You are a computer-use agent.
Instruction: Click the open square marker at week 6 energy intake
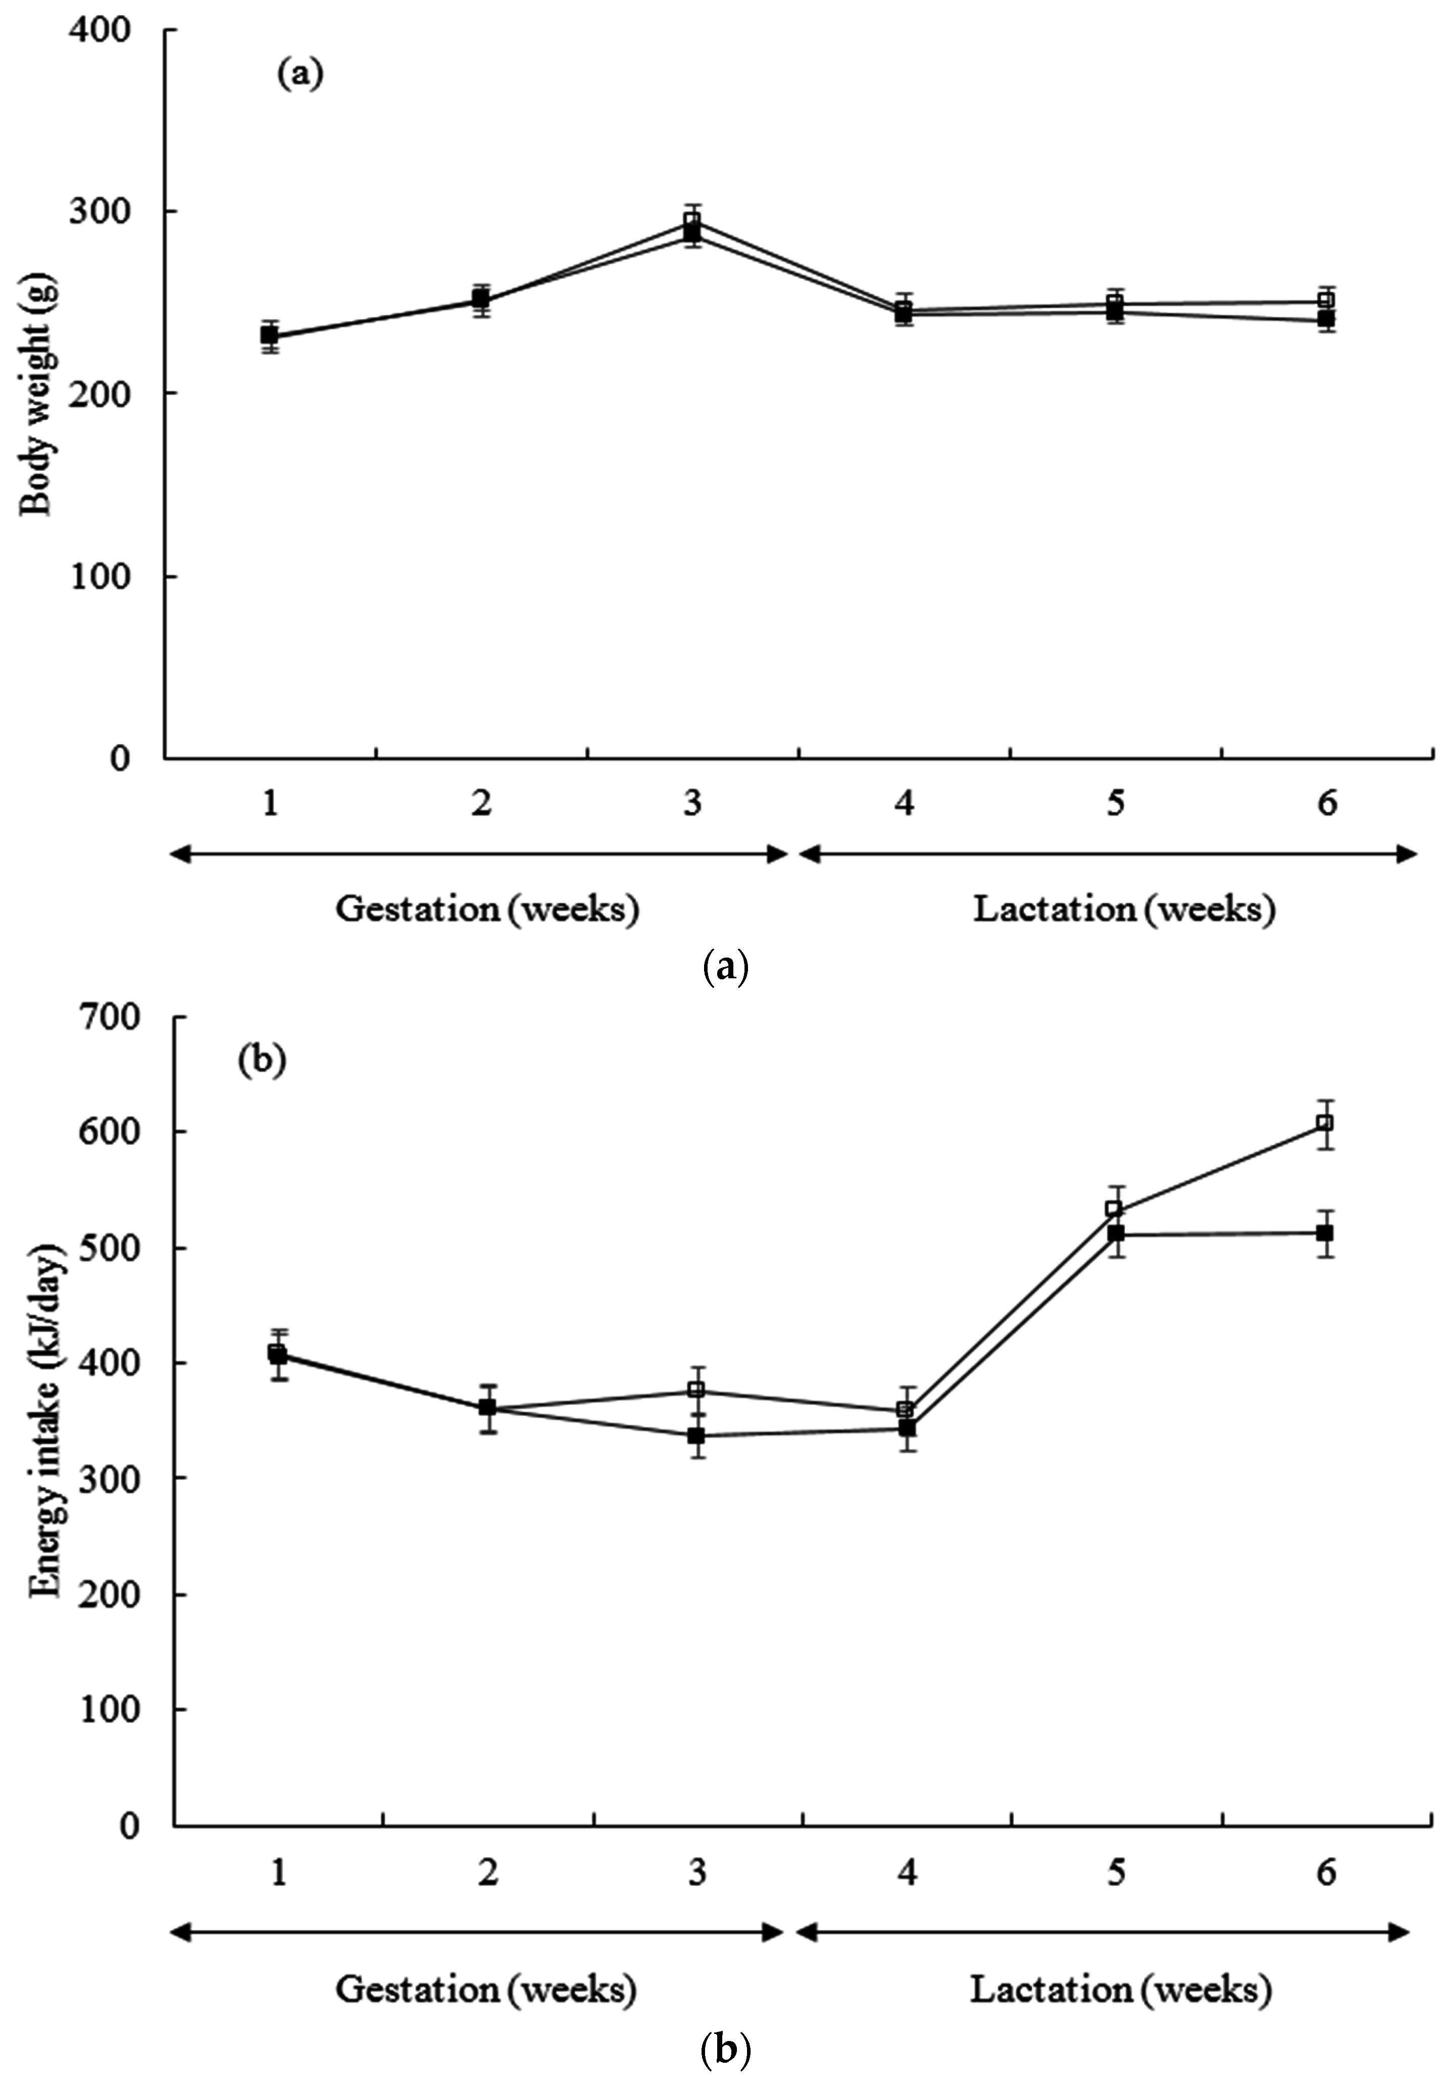tap(1325, 1123)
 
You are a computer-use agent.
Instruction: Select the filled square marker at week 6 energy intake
tap(1325, 1233)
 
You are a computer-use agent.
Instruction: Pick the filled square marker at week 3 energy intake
tap(696, 1436)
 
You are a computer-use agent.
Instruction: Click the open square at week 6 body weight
tap(1326, 301)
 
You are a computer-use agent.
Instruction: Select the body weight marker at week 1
tap(269, 335)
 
